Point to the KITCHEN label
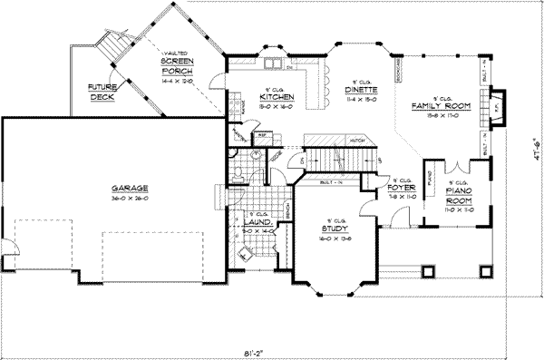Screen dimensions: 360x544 (274, 96)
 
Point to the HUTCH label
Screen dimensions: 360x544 (358, 141)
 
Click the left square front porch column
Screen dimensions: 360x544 (425, 268)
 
